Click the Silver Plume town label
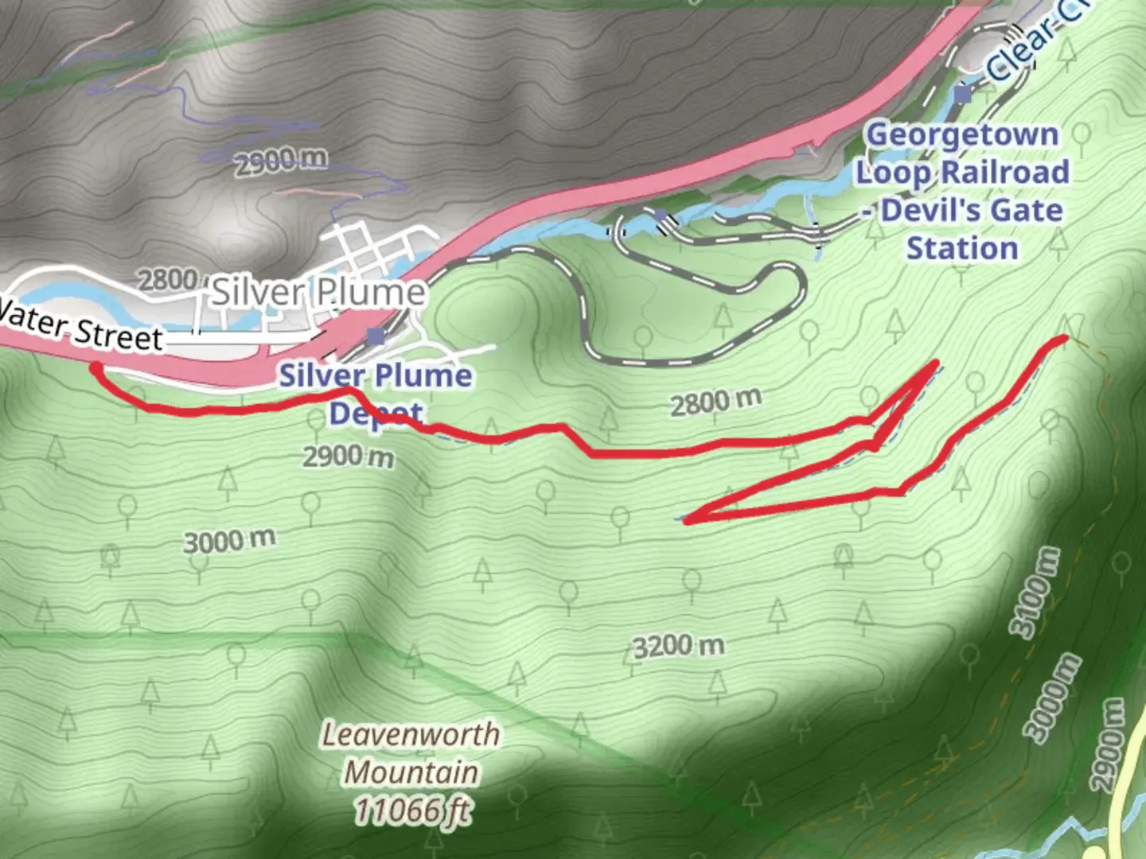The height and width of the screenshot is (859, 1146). [x=318, y=293]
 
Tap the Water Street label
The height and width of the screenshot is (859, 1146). [x=80, y=328]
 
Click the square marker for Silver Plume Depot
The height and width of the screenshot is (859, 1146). [x=376, y=336]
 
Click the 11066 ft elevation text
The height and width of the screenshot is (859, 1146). [x=411, y=811]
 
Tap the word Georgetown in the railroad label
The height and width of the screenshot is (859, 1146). [x=962, y=134]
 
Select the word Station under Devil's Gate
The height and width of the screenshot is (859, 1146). [x=962, y=248]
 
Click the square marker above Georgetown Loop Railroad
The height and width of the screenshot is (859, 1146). [x=963, y=95]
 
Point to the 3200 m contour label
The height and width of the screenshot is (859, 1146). [x=679, y=646]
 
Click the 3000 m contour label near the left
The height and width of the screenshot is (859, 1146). [x=229, y=541]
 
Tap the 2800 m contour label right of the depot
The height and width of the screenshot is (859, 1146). [x=715, y=402]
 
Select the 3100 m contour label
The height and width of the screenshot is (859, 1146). [x=1036, y=593]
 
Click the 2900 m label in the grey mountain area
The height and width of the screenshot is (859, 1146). [x=280, y=161]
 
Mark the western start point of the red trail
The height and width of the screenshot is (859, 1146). [x=95, y=367]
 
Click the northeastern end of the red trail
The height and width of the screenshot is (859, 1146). [x=1063, y=340]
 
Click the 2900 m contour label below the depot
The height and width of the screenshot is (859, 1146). [x=348, y=457]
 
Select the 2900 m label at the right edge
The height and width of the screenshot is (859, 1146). [x=1108, y=745]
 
